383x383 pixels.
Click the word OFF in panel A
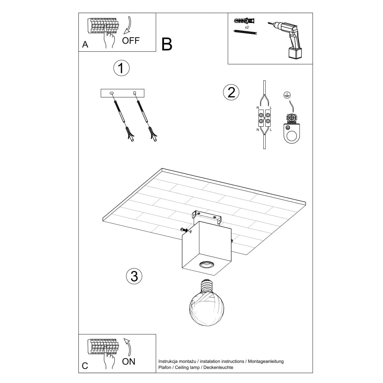[x=131, y=41]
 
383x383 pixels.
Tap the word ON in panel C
[x=129, y=361]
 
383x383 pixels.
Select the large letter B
[x=167, y=44]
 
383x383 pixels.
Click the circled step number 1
[x=121, y=68]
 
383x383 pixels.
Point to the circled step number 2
[x=231, y=92]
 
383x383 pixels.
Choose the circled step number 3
[x=134, y=276]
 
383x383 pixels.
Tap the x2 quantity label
[x=247, y=27]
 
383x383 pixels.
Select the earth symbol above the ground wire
[x=286, y=94]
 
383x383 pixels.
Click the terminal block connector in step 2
[x=264, y=118]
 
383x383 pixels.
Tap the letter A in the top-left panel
[x=85, y=45]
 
